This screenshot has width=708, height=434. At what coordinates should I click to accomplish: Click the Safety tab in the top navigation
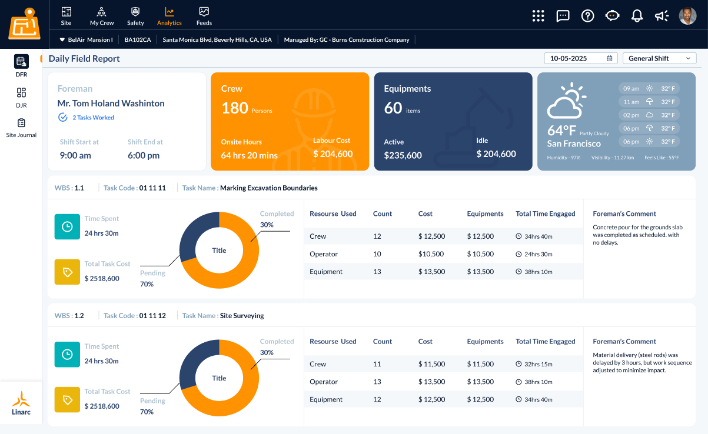click(x=135, y=16)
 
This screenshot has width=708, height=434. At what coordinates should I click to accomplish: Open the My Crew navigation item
click(x=102, y=16)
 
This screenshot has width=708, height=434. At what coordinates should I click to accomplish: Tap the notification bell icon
click(x=637, y=16)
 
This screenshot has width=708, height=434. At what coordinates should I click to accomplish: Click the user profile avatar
click(x=687, y=16)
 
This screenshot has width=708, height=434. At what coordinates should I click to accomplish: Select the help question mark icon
click(x=587, y=16)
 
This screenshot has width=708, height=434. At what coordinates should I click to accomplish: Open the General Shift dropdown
click(x=659, y=58)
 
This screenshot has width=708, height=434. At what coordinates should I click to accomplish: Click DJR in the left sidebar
click(x=21, y=97)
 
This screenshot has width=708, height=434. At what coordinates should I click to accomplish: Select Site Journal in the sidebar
click(x=21, y=128)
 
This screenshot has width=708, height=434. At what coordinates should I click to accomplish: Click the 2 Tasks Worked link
click(x=93, y=118)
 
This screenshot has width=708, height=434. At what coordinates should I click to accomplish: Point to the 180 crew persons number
click(x=234, y=108)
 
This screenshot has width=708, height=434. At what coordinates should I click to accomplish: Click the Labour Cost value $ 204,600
click(x=333, y=154)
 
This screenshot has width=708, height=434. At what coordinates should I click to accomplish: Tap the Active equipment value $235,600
click(x=403, y=155)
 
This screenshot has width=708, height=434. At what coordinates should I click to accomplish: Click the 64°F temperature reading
click(x=562, y=130)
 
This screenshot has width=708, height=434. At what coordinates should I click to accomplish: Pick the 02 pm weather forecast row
click(x=649, y=115)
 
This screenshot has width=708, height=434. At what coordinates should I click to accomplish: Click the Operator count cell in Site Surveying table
click(x=377, y=382)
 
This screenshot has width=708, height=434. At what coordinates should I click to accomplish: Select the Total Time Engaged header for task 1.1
click(x=545, y=213)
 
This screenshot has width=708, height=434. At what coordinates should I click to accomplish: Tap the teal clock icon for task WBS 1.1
click(x=67, y=226)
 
